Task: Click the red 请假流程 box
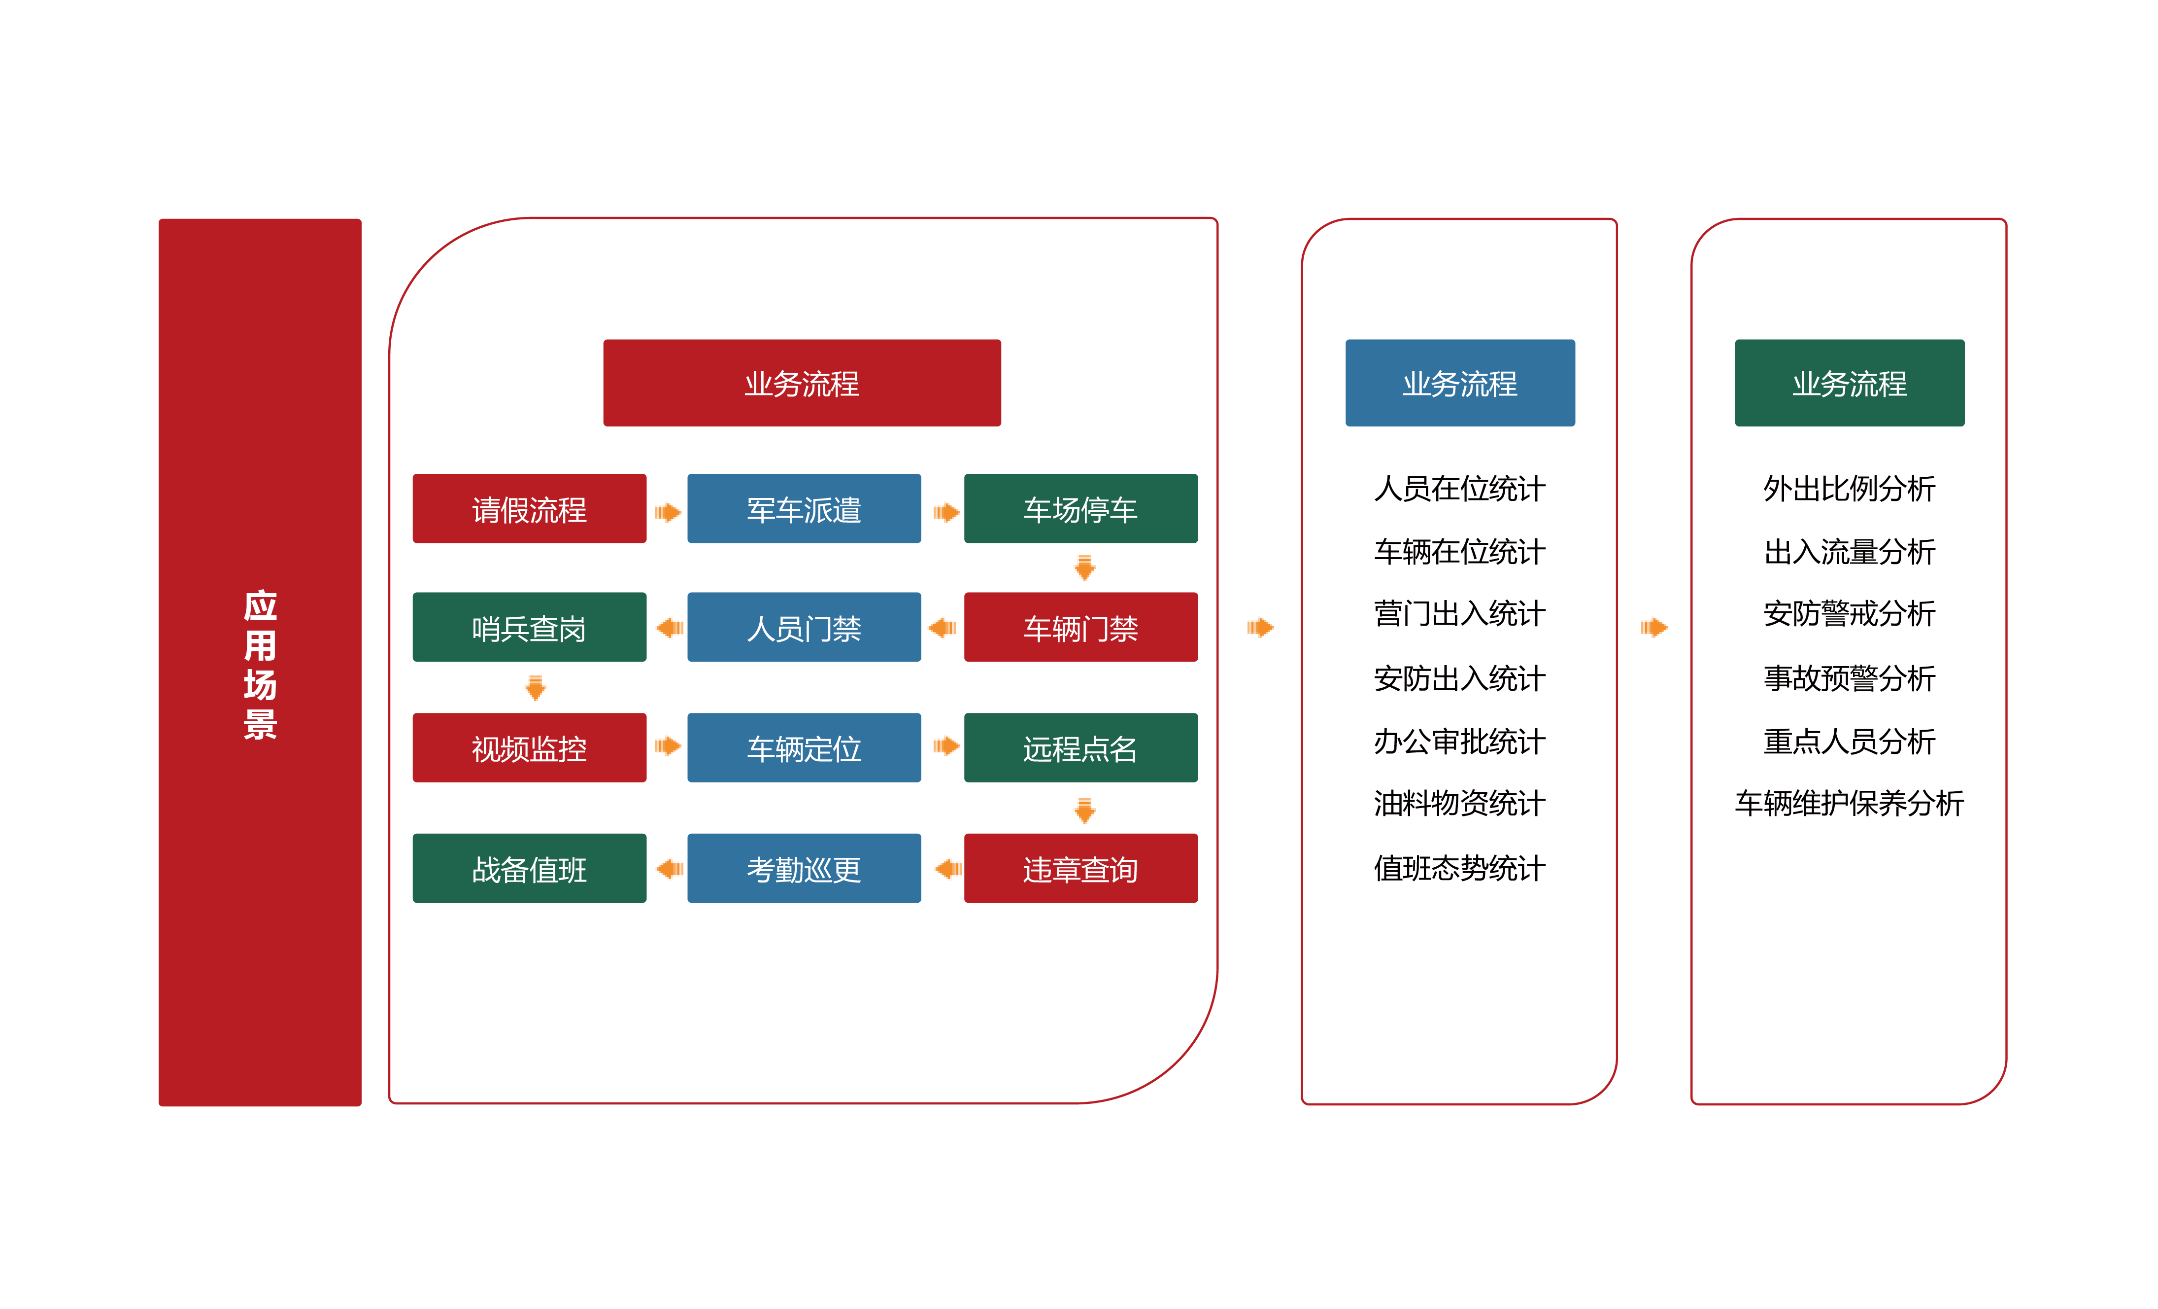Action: [x=529, y=509]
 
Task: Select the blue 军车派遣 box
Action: [x=804, y=509]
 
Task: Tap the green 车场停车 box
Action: [x=1081, y=509]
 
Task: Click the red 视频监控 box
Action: [x=529, y=748]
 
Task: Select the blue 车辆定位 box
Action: [x=804, y=748]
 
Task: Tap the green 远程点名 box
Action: [x=1081, y=748]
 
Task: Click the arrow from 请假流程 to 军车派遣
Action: [x=668, y=513]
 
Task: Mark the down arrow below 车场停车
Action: [x=1084, y=568]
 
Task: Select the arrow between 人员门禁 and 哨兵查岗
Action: [x=669, y=627]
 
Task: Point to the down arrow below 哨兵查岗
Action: [x=535, y=688]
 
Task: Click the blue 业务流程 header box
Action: [x=1460, y=383]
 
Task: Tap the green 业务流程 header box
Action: [x=1849, y=383]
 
